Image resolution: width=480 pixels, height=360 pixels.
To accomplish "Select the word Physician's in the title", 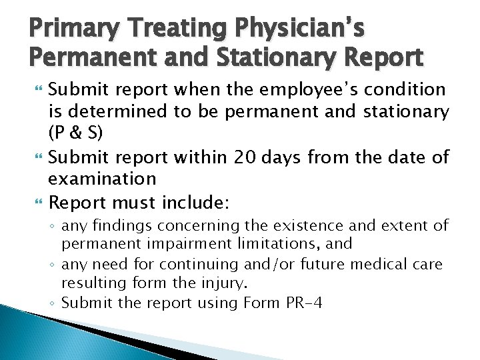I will point(303,29).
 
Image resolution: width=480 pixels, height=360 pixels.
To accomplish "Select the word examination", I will point(102,179).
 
